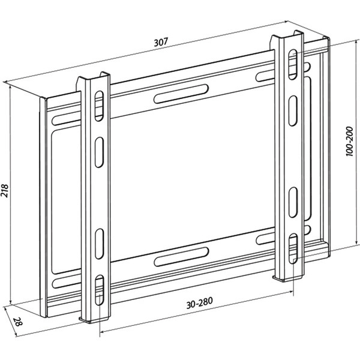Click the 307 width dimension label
[x=161, y=42]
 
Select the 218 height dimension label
[x=5, y=190]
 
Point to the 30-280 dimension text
[x=199, y=303]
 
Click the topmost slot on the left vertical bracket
[x=99, y=106]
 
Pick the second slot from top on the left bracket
[x=99, y=152]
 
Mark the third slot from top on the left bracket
[x=100, y=244]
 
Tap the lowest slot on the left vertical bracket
[x=100, y=290]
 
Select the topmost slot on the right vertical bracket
[x=293, y=65]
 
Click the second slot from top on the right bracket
[x=293, y=110]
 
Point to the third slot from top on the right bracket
[x=293, y=202]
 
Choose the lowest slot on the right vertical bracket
[x=293, y=248]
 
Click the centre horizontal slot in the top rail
[x=181, y=94]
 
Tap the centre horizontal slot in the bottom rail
[x=182, y=257]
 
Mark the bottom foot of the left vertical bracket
[x=94, y=320]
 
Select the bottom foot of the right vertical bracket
[x=287, y=278]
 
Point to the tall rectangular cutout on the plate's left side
[x=66, y=202]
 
